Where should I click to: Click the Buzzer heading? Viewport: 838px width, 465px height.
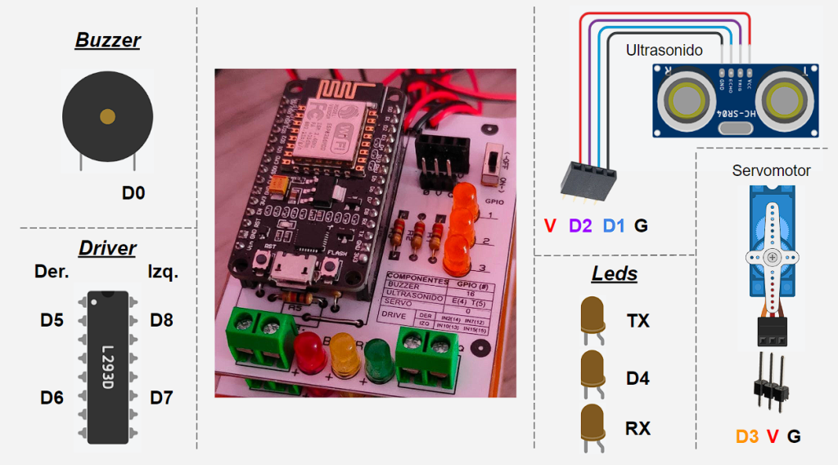tap(108, 40)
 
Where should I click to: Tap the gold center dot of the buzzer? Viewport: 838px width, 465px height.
tap(107, 117)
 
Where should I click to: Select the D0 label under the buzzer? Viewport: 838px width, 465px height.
tap(133, 193)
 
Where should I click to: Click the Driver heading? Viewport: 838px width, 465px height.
tap(107, 248)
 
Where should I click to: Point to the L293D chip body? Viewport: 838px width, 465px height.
tap(108, 366)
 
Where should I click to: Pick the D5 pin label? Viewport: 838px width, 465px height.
tap(52, 320)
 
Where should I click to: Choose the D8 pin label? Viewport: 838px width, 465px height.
tap(161, 320)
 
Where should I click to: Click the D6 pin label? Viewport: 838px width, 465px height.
tap(52, 398)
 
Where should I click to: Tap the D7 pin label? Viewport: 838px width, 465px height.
tap(161, 398)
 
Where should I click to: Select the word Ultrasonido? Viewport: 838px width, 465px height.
tap(664, 51)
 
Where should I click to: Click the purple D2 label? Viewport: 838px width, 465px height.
tap(580, 226)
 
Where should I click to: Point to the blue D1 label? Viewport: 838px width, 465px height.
tap(614, 226)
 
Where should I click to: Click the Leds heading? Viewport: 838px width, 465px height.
tap(615, 273)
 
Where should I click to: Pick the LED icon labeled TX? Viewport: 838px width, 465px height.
tap(592, 318)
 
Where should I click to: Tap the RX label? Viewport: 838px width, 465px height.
tap(638, 428)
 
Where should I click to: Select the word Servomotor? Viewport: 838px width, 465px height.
tap(771, 170)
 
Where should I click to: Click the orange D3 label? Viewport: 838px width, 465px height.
tap(747, 436)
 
